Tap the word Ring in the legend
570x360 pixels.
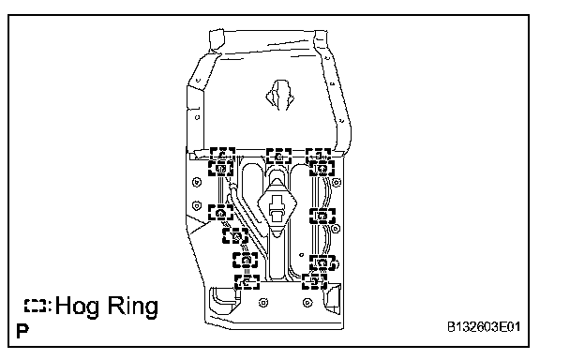pyautogui.click(x=133, y=307)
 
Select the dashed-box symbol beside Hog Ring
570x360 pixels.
pyautogui.click(x=36, y=306)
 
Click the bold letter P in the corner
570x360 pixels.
pyautogui.click(x=22, y=331)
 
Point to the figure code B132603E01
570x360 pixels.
pyautogui.click(x=484, y=327)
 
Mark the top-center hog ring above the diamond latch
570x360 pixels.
pyautogui.click(x=278, y=156)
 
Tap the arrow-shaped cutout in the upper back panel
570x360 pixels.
pyautogui.click(x=279, y=96)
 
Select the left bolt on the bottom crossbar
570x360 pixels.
pyautogui.click(x=263, y=303)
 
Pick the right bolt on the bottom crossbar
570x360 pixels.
pyautogui.click(x=307, y=303)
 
